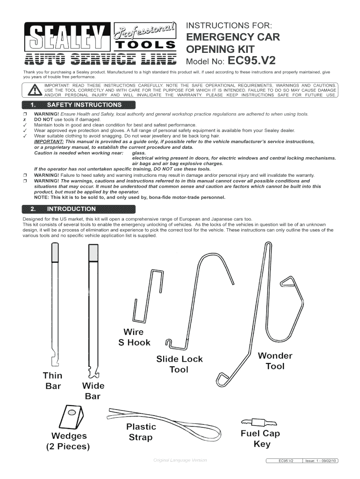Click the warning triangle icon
pyautogui.click(x=34, y=90)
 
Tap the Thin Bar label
pyautogui.click(x=52, y=381)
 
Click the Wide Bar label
pyautogui.click(x=93, y=391)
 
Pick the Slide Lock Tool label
pyautogui.click(x=179, y=364)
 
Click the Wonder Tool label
pyautogui.click(x=275, y=361)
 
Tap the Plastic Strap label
pyautogui.click(x=141, y=432)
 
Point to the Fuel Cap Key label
pyautogui.click(x=261, y=438)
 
